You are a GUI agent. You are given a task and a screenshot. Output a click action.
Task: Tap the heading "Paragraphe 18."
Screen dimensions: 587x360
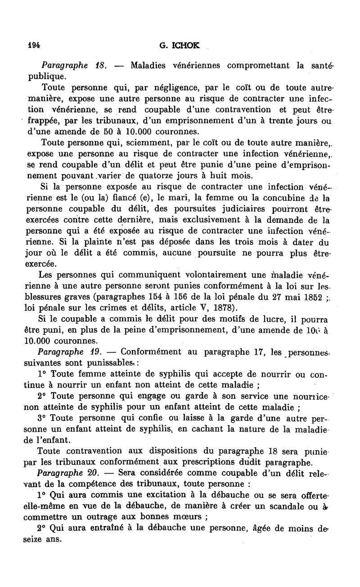(x=73, y=65)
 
